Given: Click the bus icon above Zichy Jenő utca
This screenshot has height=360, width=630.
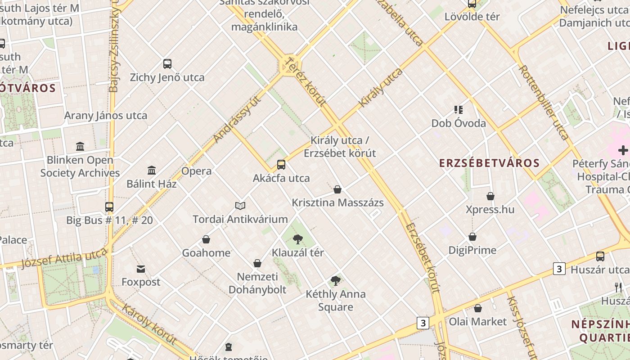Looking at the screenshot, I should point(167,64).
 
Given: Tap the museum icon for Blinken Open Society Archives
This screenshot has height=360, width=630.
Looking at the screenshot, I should point(80,146).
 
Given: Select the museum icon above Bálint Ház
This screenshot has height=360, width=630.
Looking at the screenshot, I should point(152,171).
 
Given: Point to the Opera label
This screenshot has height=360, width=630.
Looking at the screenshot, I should point(196,171).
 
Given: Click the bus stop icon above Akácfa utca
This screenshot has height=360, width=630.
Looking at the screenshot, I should point(281,165).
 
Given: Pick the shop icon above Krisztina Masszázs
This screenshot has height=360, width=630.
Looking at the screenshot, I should point(337,189).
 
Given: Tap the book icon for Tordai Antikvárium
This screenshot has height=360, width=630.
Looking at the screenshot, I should point(240,206).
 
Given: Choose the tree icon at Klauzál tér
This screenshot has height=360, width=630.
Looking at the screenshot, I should point(297,239).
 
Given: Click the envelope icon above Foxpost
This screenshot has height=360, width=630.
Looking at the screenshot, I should point(141,269).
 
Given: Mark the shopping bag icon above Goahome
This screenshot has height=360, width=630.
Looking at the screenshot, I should point(206,239).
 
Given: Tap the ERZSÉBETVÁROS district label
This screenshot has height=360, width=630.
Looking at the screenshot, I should point(489,163).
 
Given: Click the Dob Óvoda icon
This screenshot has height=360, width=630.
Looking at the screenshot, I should point(459,109).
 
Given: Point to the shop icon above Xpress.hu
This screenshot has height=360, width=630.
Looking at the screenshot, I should point(490,196).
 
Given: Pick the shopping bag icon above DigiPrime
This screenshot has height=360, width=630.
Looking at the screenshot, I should point(472,237).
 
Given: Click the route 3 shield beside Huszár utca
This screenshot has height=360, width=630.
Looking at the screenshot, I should point(559,269).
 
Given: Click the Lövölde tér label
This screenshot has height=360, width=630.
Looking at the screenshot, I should point(472,17).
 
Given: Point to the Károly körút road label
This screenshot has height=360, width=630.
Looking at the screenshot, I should point(149,324).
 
